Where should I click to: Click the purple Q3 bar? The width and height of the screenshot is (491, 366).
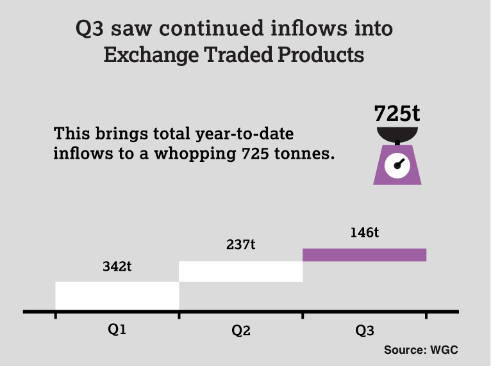(x=364, y=255)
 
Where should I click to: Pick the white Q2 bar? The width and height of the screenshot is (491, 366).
(x=240, y=271)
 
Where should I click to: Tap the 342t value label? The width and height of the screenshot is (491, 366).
(x=117, y=267)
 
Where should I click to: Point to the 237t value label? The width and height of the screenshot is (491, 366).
(x=241, y=245)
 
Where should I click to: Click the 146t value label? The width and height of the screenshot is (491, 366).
(x=364, y=232)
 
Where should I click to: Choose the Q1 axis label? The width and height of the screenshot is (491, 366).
(x=117, y=330)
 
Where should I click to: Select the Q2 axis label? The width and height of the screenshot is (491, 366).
(x=241, y=331)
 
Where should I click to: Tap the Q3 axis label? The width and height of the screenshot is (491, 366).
(x=364, y=331)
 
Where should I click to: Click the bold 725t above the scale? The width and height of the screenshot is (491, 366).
(x=397, y=113)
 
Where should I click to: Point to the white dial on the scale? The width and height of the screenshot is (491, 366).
(x=397, y=165)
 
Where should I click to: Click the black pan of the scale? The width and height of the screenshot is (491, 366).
(x=397, y=134)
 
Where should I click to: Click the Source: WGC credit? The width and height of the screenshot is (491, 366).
(x=421, y=350)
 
